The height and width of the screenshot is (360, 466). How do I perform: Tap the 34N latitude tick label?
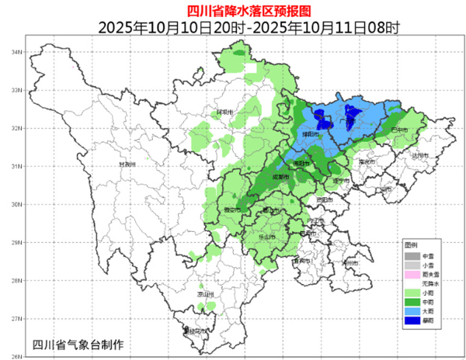13,52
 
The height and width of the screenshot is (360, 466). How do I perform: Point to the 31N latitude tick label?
13,166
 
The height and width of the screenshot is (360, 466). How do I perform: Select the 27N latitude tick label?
13,318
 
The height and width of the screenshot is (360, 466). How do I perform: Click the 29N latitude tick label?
13,242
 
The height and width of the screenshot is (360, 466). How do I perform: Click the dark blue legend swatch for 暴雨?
411,320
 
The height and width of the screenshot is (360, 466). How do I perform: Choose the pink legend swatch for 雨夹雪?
411,275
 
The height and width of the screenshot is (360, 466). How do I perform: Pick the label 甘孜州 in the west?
127,164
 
